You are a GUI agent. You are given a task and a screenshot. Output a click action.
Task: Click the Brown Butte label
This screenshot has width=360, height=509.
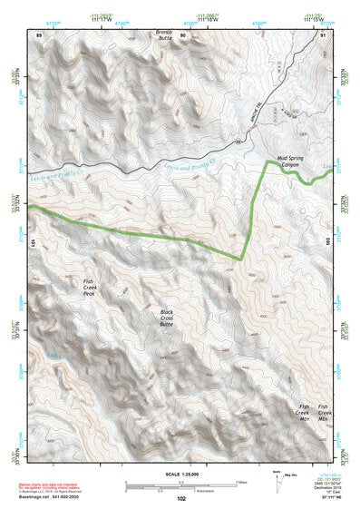[x=163, y=36]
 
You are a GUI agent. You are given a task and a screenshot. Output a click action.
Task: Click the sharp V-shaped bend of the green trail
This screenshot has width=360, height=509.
[x=240, y=258]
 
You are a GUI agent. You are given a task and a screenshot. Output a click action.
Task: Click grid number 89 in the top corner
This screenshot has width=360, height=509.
[x=39, y=34]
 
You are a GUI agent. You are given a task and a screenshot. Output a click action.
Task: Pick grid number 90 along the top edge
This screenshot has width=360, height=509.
[x=182, y=34]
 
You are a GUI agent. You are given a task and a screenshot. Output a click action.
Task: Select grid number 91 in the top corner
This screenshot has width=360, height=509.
[x=323, y=34]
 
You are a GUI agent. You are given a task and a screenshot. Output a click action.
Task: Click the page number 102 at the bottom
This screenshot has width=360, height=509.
[x=181, y=498]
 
